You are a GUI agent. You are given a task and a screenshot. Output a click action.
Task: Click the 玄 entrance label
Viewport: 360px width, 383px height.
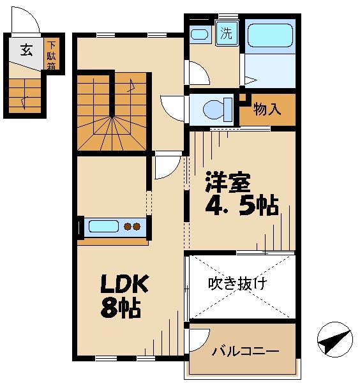pyautogui.click(x=26, y=50)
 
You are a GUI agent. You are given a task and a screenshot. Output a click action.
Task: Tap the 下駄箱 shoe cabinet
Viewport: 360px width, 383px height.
pyautogui.click(x=52, y=55)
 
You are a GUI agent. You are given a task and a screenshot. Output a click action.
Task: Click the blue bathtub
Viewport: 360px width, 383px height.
pyautogui.click(x=270, y=36)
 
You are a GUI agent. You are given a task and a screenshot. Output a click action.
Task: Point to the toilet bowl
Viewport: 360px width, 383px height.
pyautogui.click(x=214, y=110)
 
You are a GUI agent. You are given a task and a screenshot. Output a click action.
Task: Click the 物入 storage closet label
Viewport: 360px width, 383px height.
pyautogui.click(x=267, y=110)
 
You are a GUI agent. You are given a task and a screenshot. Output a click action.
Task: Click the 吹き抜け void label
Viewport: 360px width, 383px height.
pyautogui.click(x=238, y=283)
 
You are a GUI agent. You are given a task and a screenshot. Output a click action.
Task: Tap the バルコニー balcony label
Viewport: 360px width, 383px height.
pyautogui.click(x=245, y=350)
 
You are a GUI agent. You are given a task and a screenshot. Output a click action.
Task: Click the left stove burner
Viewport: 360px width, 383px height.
pyautogui.click(x=126, y=226)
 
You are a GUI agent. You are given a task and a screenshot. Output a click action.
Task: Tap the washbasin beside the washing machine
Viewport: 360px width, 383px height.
pyautogui.click(x=200, y=34)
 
